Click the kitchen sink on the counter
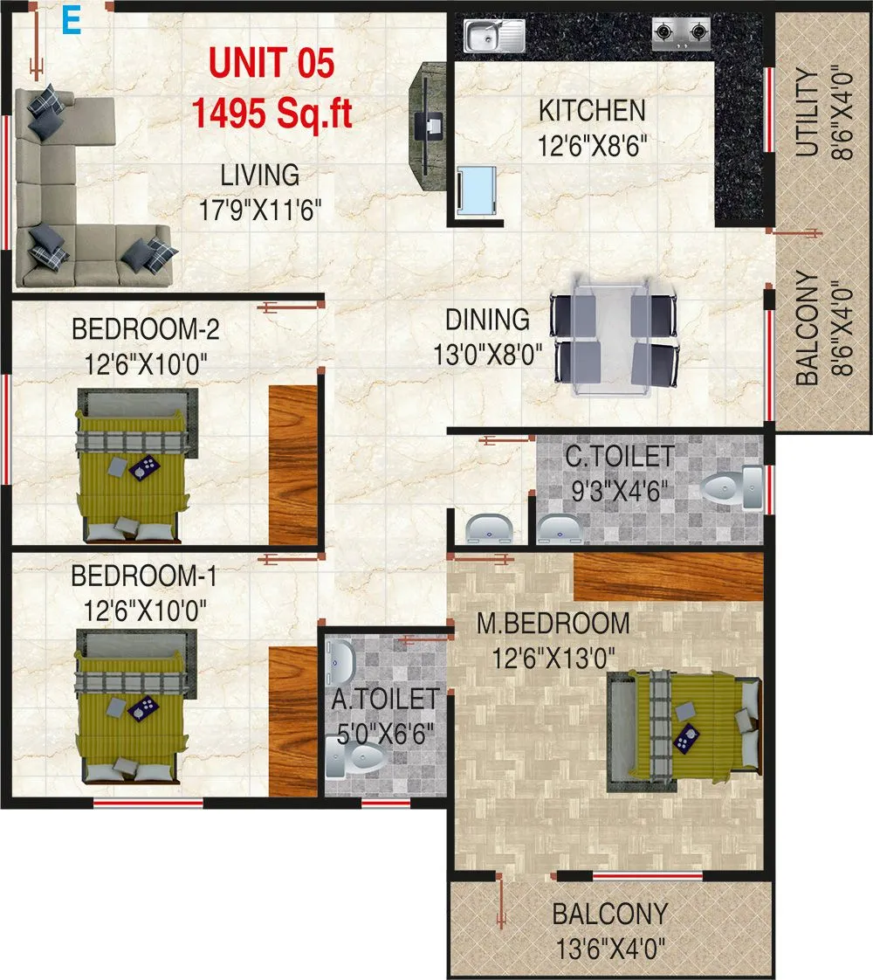494,36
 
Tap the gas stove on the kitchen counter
681,34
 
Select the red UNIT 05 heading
271,66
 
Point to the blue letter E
70,22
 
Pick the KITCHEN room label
592,111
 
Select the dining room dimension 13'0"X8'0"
488,354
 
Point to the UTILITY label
808,113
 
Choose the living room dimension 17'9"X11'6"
259,210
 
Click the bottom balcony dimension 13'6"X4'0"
610,947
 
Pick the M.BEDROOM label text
553,624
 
